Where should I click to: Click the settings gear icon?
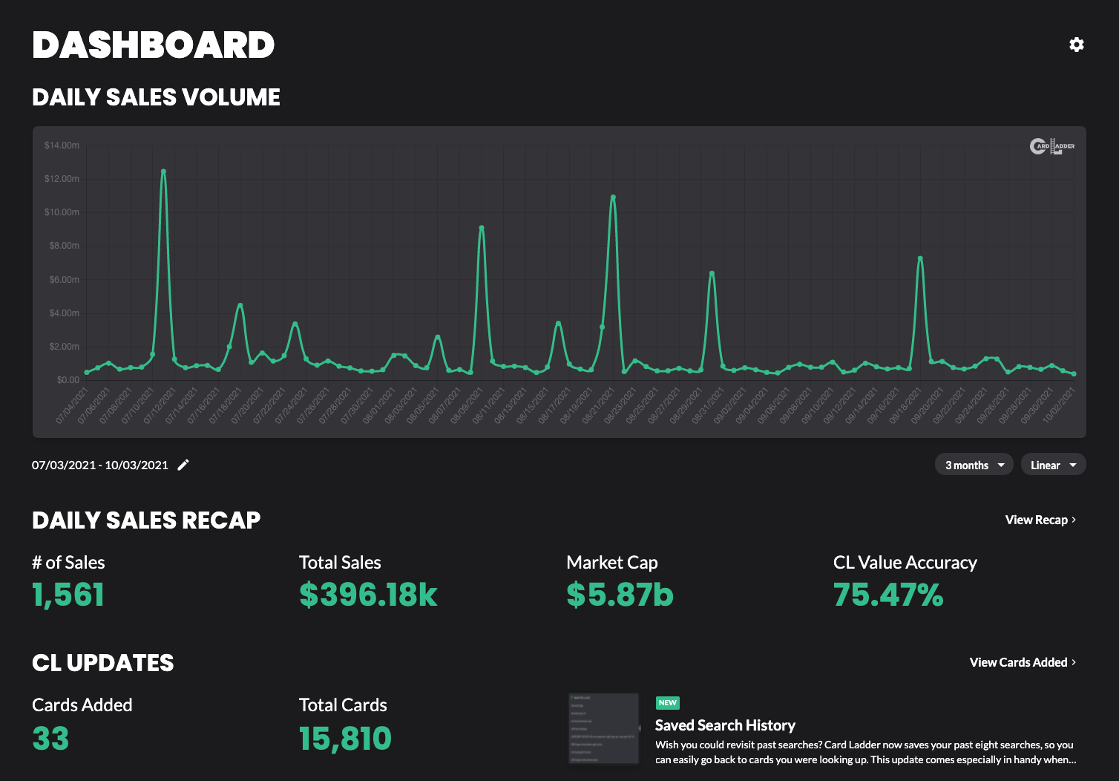(x=1076, y=45)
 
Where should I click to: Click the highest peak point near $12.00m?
(x=163, y=171)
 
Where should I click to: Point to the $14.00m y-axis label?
(x=62, y=146)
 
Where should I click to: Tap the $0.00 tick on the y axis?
(x=68, y=380)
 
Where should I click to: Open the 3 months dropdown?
(x=974, y=465)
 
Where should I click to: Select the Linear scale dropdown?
(x=1053, y=465)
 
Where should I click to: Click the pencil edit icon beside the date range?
(x=183, y=465)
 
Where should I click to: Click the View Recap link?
(x=1040, y=520)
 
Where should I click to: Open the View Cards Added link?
(x=1022, y=662)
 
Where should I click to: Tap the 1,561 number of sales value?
(x=68, y=595)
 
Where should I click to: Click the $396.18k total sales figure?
(x=368, y=595)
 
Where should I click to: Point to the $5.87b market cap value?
(x=620, y=595)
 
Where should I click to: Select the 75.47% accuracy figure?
(x=888, y=595)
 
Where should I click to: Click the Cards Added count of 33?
(x=50, y=739)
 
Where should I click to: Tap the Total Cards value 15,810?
(x=345, y=739)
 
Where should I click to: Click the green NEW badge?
(x=667, y=702)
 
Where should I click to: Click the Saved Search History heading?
(x=725, y=725)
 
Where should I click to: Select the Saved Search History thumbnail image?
(x=603, y=729)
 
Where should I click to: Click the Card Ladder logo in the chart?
(x=1051, y=146)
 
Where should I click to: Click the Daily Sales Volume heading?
(x=156, y=97)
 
